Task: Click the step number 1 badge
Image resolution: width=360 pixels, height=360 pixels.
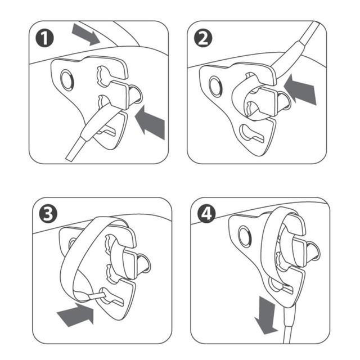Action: click(44, 38)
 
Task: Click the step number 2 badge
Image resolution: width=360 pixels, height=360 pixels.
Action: click(203, 38)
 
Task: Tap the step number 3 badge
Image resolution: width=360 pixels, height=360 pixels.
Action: click(48, 214)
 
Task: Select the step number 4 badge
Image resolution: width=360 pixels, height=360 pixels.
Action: click(206, 214)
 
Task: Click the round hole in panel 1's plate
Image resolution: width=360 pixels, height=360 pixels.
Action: click(67, 80)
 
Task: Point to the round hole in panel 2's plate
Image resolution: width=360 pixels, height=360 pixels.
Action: click(215, 86)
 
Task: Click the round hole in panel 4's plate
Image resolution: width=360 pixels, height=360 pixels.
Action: click(245, 236)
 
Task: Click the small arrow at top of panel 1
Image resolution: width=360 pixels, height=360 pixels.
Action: click(86, 34)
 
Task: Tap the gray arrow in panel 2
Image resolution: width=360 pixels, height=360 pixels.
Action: click(300, 89)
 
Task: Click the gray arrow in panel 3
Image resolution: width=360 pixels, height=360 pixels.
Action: click(76, 314)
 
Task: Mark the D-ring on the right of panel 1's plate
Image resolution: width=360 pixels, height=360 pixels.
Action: click(136, 94)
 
